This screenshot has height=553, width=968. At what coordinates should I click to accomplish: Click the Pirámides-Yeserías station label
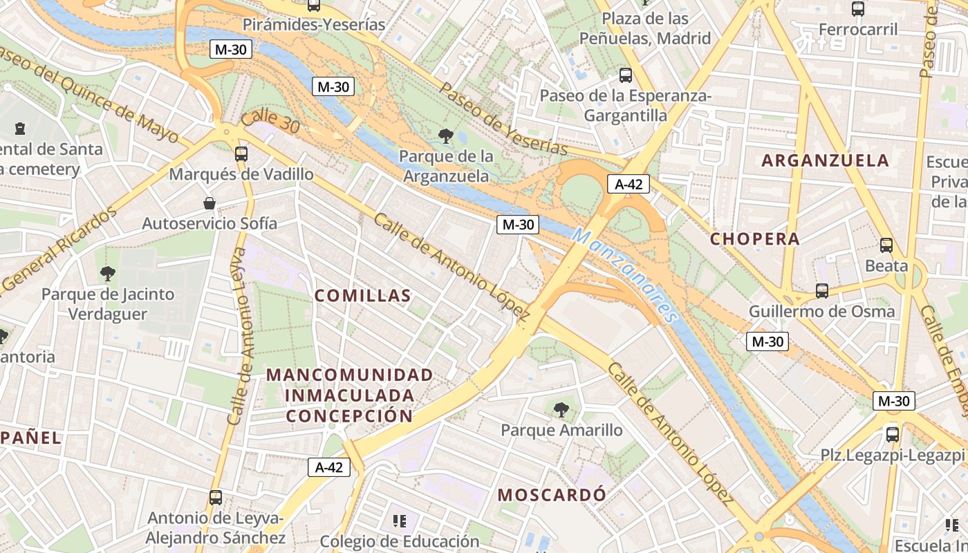(x=313, y=25)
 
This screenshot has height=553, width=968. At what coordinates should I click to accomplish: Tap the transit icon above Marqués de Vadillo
(x=241, y=154)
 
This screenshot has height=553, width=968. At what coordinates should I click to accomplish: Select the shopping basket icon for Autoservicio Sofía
(x=210, y=203)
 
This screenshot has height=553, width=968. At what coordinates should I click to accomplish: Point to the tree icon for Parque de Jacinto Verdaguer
(x=107, y=274)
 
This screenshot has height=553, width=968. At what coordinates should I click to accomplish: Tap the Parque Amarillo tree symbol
(x=561, y=410)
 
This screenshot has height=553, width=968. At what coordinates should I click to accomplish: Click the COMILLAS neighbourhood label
(x=363, y=296)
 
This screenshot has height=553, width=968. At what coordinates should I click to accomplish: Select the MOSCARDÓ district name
(x=552, y=495)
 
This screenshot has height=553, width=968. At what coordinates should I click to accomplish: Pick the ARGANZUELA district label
(x=825, y=160)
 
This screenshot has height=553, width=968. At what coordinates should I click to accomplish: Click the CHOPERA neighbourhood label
(x=755, y=239)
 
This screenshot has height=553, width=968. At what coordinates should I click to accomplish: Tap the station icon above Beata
(x=886, y=245)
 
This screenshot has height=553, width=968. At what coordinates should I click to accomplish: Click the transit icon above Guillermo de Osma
(x=822, y=291)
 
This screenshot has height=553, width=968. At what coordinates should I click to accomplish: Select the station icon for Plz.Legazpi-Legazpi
(x=893, y=435)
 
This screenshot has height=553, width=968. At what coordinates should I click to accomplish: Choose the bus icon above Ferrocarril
(x=858, y=9)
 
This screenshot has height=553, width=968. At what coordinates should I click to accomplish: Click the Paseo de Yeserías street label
(x=503, y=119)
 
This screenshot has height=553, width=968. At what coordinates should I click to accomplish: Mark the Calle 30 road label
(x=270, y=122)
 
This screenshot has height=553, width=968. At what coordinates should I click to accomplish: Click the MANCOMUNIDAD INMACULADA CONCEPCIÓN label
(x=350, y=395)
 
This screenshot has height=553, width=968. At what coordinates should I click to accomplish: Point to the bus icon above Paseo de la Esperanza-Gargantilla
(x=626, y=75)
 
